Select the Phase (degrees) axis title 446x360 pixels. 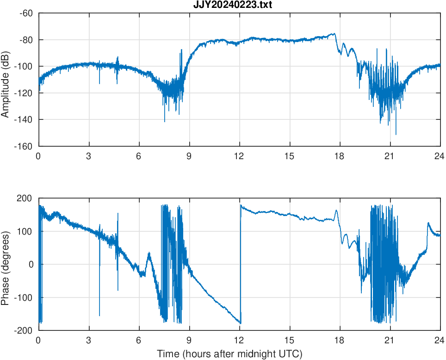pyautogui.click(x=6, y=264)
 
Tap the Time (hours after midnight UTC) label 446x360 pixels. pyautogui.click(x=229, y=354)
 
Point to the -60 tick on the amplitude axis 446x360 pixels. pyautogui.click(x=26, y=13)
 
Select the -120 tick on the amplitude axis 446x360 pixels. pyautogui.click(x=24, y=93)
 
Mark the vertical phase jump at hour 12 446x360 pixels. pyautogui.click(x=241, y=264)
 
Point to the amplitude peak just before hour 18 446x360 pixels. pyautogui.click(x=334, y=33)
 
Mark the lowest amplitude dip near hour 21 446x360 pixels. pyautogui.click(x=396, y=134)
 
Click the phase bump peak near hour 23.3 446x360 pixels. pyautogui.click(x=428, y=223)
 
